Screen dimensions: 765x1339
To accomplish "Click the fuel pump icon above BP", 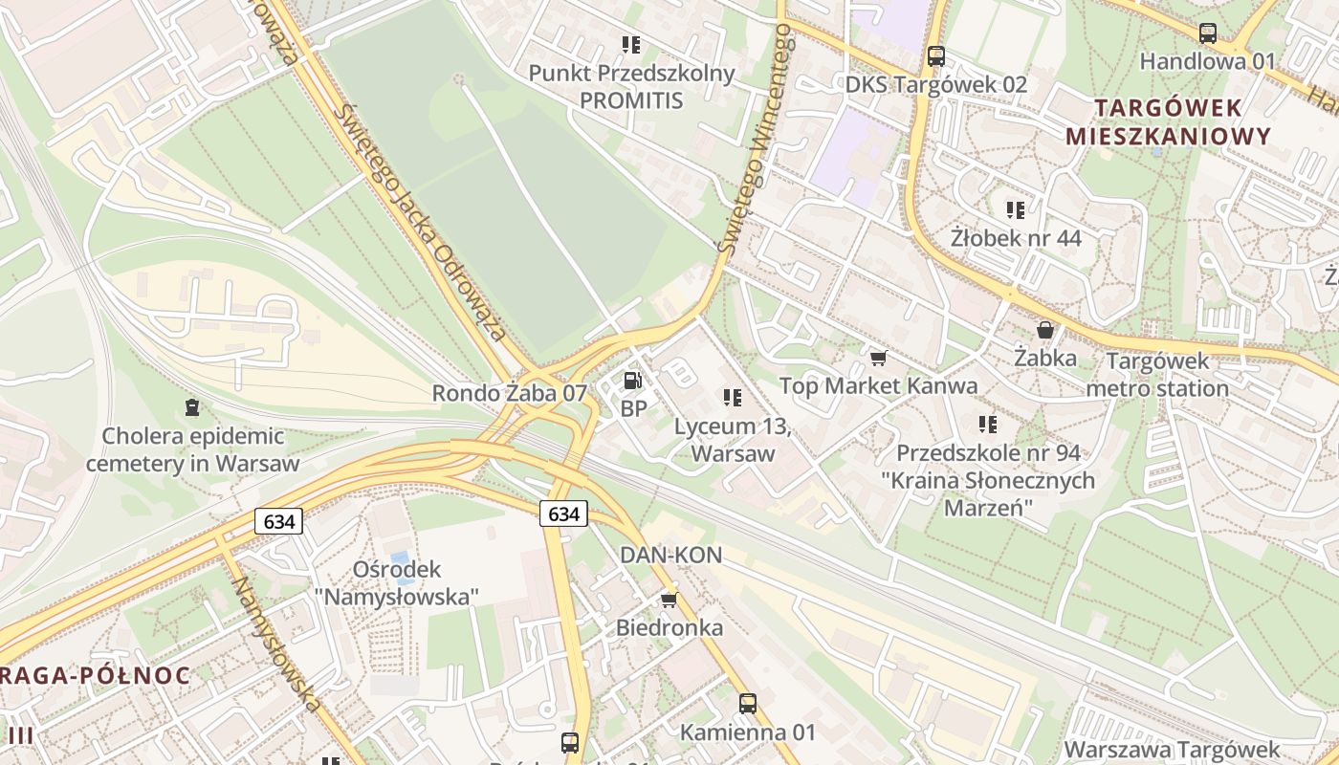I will point(631,381).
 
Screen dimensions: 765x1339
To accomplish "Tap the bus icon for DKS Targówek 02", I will point(935,56).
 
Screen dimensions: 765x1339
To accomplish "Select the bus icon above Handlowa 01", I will point(1208,33).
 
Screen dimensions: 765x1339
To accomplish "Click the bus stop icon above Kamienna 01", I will point(748,704).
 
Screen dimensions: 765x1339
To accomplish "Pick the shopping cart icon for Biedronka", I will point(669,600).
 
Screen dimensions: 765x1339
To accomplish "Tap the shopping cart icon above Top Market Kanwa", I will point(878,358).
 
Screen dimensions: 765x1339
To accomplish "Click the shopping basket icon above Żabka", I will point(1045,330).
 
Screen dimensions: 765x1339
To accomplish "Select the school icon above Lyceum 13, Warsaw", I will point(733,397).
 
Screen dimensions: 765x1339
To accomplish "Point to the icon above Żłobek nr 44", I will point(1016,209).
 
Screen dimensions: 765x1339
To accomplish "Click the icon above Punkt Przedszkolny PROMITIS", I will point(631,44).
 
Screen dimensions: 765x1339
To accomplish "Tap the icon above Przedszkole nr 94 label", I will point(989,424).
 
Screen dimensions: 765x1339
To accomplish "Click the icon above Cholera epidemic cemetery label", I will point(192,407).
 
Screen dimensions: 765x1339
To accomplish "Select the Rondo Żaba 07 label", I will point(509,393).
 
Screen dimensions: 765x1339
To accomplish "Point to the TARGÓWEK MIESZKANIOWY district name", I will point(1168,121).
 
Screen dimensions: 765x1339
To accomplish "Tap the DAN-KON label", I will point(670,555).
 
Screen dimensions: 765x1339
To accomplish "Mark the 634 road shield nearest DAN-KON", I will point(563,514).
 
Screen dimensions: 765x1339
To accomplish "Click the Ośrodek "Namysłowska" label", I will point(397,582).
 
